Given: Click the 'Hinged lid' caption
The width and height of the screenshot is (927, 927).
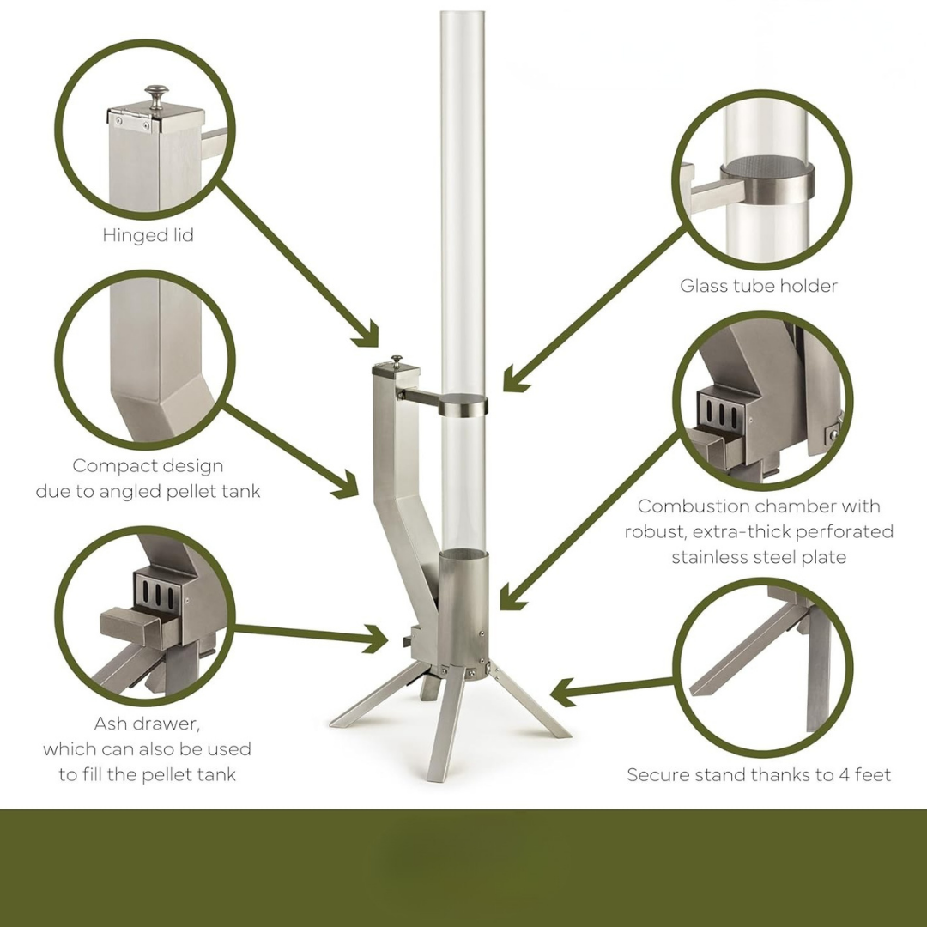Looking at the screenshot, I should tap(148, 235).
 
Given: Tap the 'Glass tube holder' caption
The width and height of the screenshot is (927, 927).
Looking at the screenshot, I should tap(758, 286).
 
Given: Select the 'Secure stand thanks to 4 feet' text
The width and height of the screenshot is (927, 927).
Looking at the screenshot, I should tap(759, 775).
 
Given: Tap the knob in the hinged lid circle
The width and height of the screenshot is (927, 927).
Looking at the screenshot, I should tap(156, 94).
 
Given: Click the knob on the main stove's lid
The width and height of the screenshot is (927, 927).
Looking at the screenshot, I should tap(397, 360).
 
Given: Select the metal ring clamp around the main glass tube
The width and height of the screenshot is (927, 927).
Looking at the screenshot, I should tap(463, 405).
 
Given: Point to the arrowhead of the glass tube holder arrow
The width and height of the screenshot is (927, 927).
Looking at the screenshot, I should tap(513, 380).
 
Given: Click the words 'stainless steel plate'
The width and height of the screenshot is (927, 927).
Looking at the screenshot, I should tap(759, 557).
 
